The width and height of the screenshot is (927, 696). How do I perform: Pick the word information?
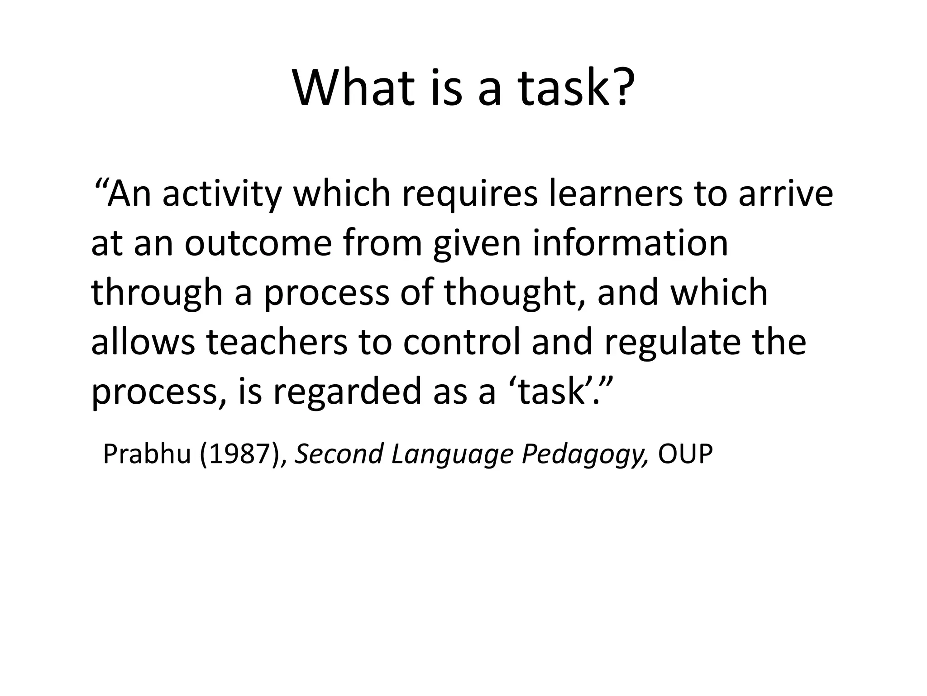pyautogui.click(x=630, y=243)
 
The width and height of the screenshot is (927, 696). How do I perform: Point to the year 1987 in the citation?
pyautogui.click(x=239, y=454)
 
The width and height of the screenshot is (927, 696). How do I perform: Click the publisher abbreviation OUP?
pyautogui.click(x=685, y=454)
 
